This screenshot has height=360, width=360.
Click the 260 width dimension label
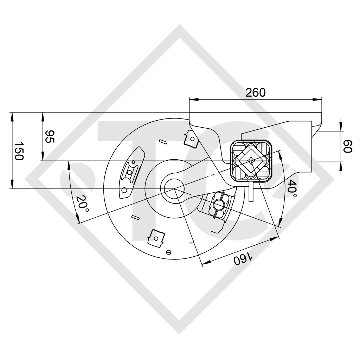(255, 92)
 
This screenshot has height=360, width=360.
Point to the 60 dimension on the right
(347, 146)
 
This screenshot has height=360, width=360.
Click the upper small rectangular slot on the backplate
(163, 142)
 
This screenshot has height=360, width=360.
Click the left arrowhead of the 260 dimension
(192, 99)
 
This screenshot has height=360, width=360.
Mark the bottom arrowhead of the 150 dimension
(13, 186)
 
